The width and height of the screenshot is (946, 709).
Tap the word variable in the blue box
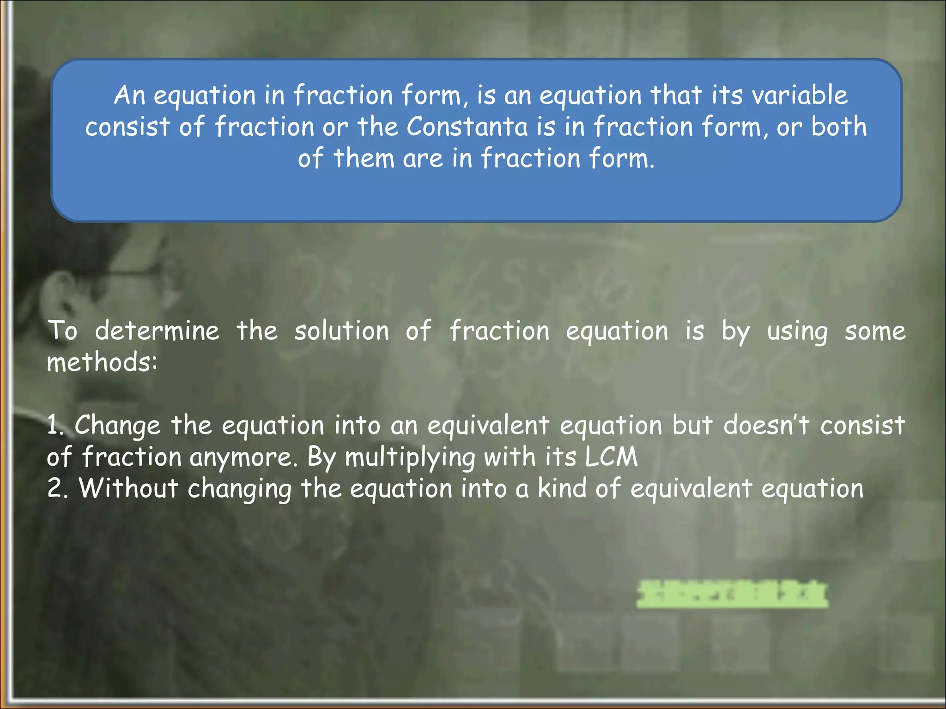tap(800, 95)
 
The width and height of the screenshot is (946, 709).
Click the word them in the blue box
tap(364, 158)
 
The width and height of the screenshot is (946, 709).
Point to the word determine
tap(157, 331)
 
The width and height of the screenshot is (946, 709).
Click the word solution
tap(342, 331)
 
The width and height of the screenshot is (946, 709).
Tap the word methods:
tap(102, 362)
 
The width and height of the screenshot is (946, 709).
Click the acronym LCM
tap(611, 457)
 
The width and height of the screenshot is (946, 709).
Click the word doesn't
tap(766, 425)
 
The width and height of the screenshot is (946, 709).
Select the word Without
tap(128, 488)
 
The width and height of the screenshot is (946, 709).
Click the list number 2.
tap(57, 488)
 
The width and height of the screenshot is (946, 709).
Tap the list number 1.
tap(55, 425)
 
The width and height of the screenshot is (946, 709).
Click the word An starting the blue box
tap(129, 95)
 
